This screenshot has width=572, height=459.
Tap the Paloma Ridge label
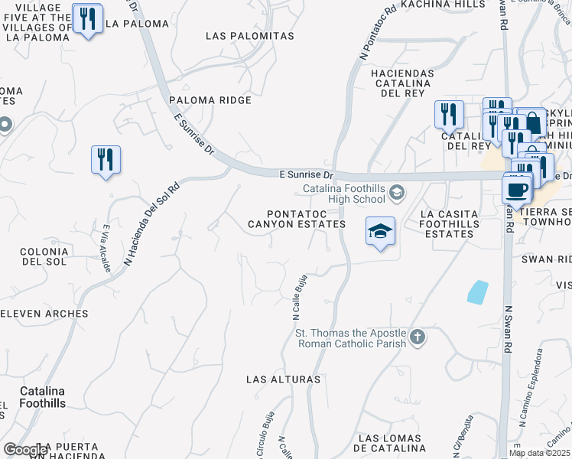(210, 100)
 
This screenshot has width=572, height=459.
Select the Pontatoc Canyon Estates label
(296, 220)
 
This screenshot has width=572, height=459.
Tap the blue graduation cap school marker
(380, 232)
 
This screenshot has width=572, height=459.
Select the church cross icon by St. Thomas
(418, 337)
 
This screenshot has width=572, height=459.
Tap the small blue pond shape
(477, 291)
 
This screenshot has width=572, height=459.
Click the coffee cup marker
(516, 189)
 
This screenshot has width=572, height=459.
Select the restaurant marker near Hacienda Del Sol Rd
(106, 160)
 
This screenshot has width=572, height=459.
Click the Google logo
(25, 450)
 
